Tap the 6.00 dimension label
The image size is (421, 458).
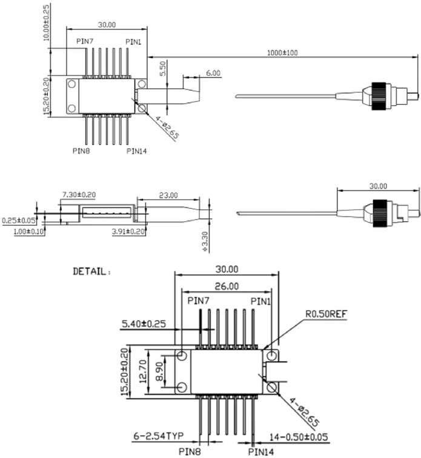pos(213,73)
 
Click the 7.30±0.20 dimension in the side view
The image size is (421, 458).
pos(79,195)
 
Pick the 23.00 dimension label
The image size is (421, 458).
pos(168,195)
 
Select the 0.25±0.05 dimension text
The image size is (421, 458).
pos(18,221)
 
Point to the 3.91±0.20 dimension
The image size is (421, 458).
pos(129,232)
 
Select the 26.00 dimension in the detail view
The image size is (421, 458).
pos(225,286)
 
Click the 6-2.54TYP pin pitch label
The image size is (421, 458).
pos(159,434)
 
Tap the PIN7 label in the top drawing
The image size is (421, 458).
pos(85,41)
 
